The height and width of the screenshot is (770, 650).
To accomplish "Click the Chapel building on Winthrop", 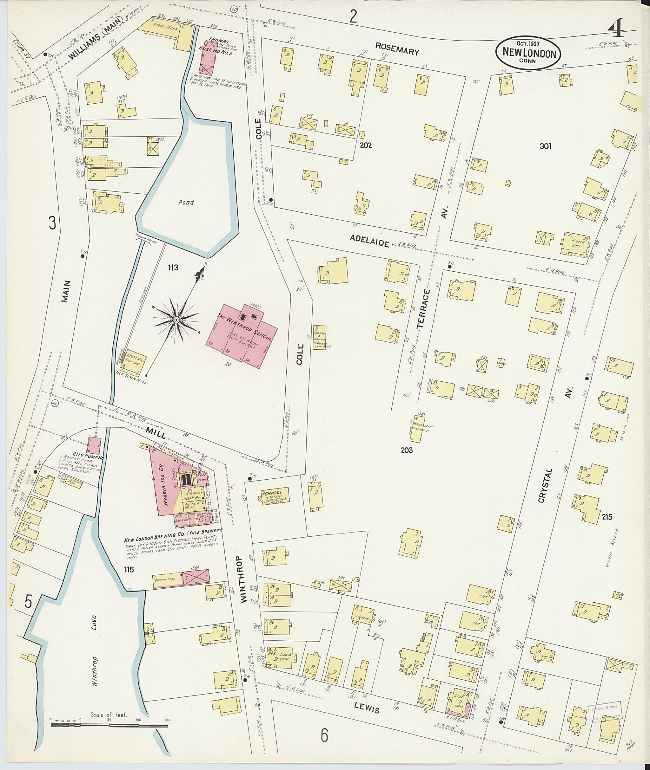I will pos(275,496).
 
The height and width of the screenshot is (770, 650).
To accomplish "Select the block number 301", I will pos(545,146).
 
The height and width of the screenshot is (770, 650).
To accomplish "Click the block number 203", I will pos(407,450).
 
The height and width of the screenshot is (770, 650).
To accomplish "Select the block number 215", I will pos(607,517).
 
